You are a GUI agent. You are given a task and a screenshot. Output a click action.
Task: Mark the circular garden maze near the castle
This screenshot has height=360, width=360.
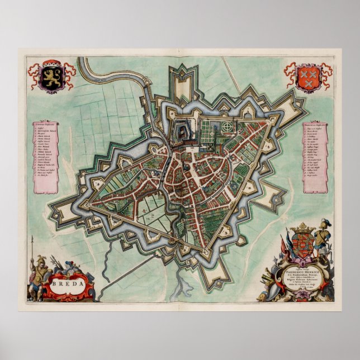click(x=227, y=127)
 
